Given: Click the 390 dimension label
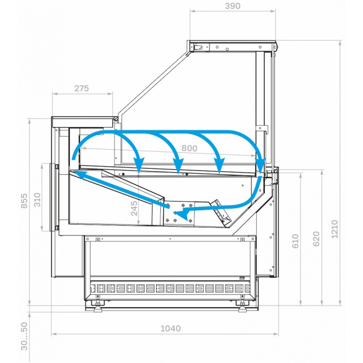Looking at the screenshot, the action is (x=232, y=6).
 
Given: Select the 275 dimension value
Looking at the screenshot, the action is (x=82, y=88).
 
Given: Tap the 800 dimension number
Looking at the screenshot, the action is (x=189, y=148).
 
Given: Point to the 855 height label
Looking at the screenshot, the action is (x=25, y=201).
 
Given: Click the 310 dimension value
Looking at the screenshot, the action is (x=37, y=200).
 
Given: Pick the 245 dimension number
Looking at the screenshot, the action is (x=134, y=208).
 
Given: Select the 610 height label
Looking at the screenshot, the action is (x=295, y=241).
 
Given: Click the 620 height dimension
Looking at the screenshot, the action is (x=316, y=239).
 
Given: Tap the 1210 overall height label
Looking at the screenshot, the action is (x=335, y=229).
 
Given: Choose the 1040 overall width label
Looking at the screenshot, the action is (x=171, y=328).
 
